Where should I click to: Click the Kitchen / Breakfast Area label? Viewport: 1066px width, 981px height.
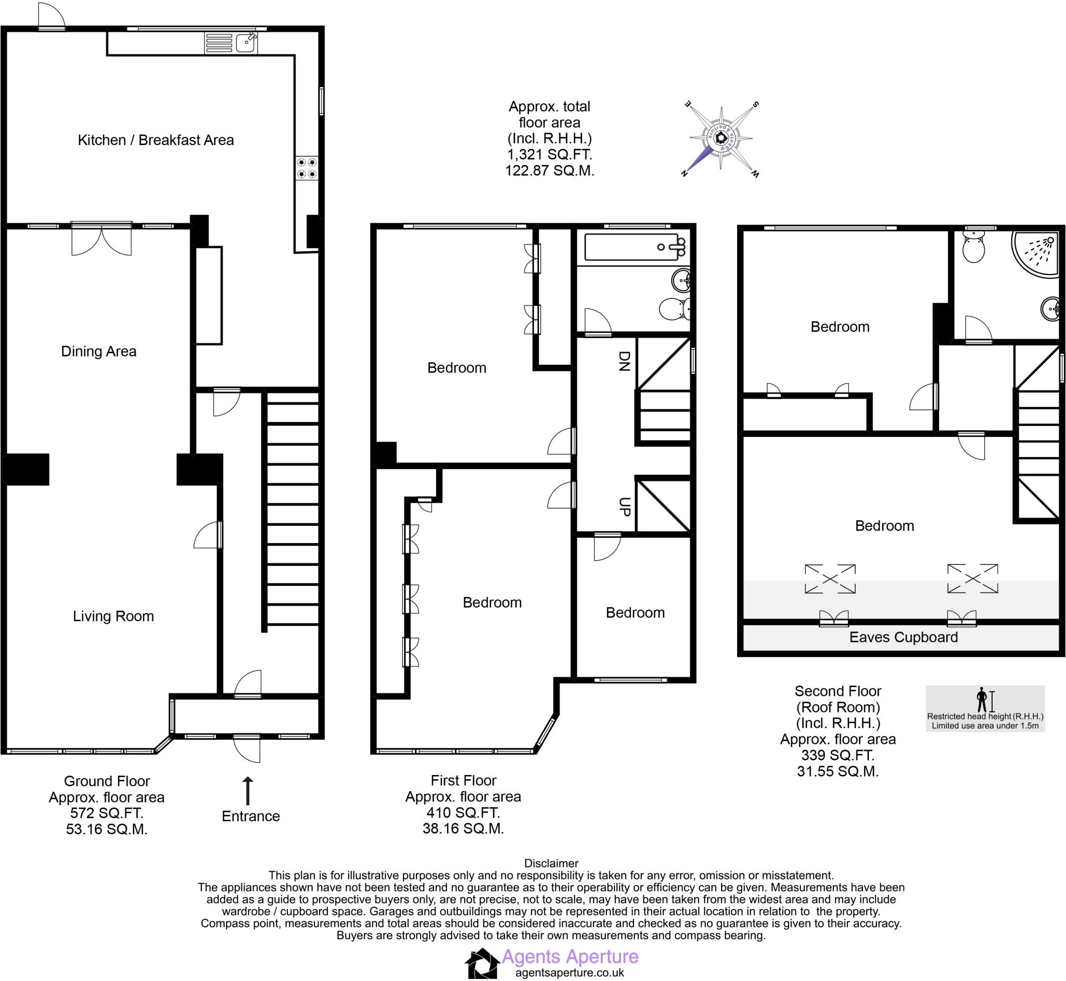click(156, 140)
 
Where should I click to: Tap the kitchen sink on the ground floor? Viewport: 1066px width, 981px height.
click(246, 42)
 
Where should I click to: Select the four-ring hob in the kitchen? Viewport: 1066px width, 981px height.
click(307, 167)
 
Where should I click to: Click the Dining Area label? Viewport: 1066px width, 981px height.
click(99, 352)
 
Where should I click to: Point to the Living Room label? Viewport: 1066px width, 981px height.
click(113, 616)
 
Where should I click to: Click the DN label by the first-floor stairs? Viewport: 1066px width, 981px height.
click(624, 361)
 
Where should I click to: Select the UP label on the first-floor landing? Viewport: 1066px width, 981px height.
click(624, 507)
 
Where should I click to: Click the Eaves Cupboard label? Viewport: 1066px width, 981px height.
click(904, 638)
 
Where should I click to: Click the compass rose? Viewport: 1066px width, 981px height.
click(721, 138)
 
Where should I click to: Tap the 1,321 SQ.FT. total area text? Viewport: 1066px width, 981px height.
click(549, 155)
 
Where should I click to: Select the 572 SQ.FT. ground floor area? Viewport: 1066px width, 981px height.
click(107, 814)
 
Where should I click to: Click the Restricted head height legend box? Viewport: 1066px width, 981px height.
click(985, 708)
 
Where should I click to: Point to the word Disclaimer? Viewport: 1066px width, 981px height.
click(551, 863)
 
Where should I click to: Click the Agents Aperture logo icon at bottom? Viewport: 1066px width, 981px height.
click(483, 963)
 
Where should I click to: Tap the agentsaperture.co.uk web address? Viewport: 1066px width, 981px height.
click(569, 973)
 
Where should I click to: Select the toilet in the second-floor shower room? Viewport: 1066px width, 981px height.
click(973, 250)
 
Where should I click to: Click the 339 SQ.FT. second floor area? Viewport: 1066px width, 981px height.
click(837, 755)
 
